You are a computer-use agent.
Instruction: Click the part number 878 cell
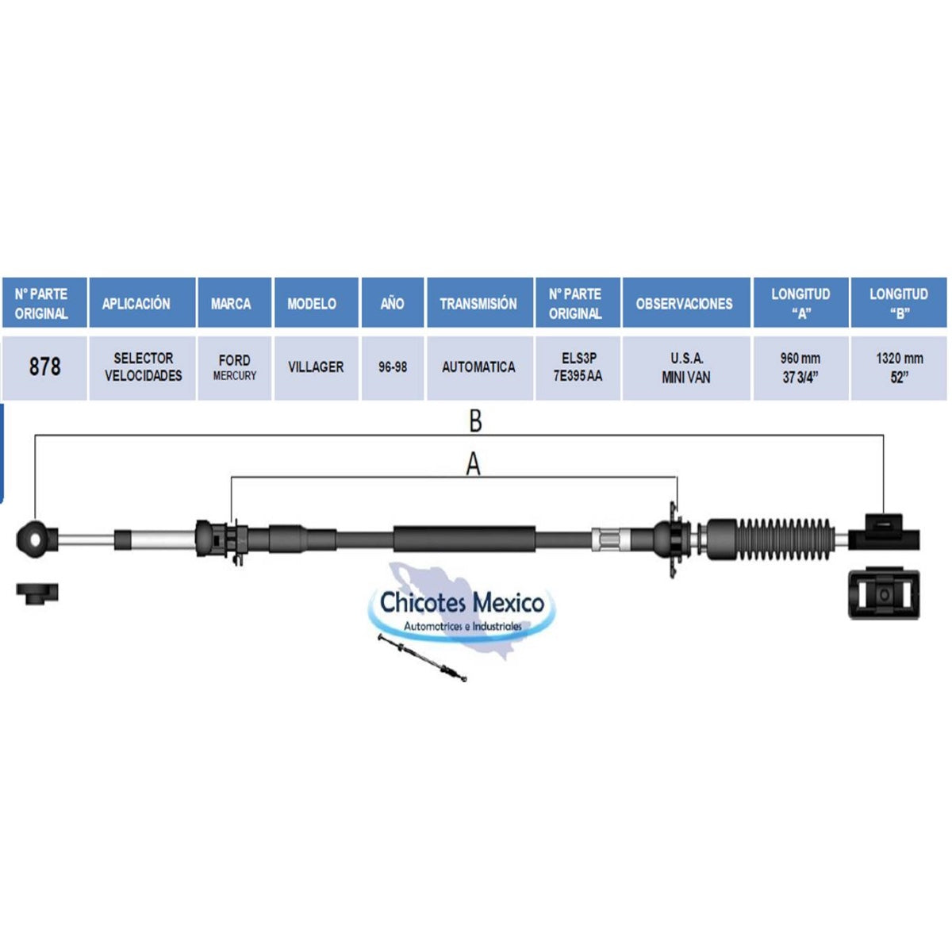[44, 367]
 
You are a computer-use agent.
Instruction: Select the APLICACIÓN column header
[136, 303]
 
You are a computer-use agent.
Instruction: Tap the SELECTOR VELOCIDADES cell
[144, 367]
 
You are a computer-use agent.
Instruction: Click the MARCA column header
[231, 303]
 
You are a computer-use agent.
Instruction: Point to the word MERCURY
[235, 376]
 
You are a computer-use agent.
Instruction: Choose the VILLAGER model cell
[316, 367]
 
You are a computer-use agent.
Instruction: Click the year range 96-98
[393, 367]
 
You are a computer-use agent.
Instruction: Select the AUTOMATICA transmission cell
[478, 367]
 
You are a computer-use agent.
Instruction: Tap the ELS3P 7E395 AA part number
[578, 367]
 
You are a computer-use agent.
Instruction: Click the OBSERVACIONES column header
[684, 303]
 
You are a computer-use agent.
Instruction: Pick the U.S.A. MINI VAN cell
[686, 368]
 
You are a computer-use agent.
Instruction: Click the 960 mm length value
[800, 358]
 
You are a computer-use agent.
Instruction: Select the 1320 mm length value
[900, 358]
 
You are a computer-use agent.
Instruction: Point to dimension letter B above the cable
[475, 421]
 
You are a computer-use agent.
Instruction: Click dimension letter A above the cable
[474, 464]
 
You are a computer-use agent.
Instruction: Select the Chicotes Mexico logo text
[462, 603]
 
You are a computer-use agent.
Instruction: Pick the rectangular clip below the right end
[884, 593]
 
